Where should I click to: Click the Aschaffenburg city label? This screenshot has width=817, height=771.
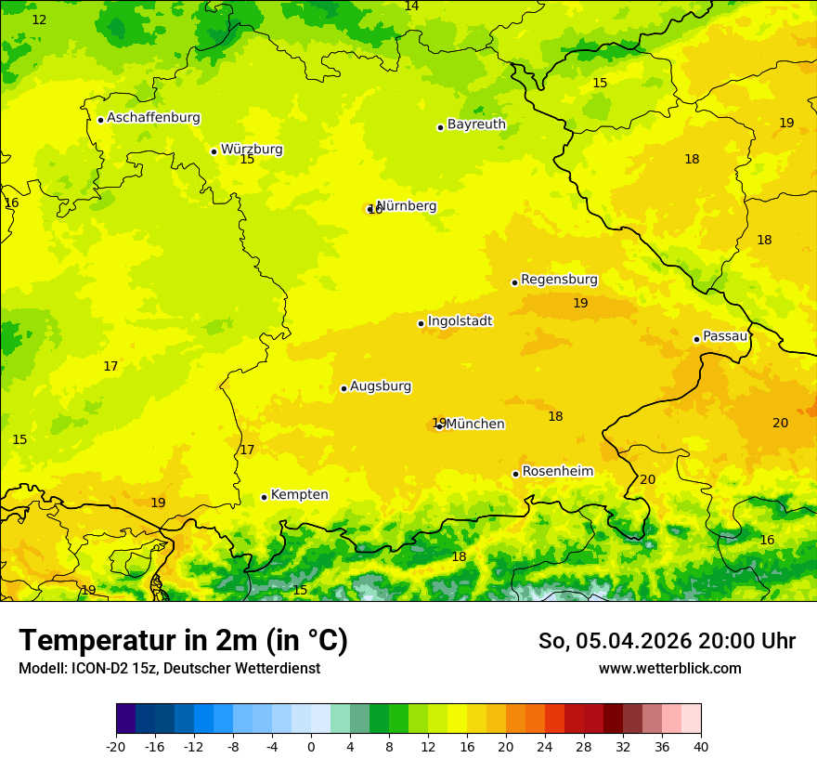(x=153, y=118)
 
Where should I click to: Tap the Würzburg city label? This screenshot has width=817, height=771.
(x=252, y=149)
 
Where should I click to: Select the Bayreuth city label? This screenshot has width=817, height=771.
(x=476, y=124)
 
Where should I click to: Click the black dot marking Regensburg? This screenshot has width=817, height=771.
(x=514, y=282)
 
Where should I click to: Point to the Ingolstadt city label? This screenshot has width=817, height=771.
(x=460, y=320)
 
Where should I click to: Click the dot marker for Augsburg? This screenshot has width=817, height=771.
(x=344, y=388)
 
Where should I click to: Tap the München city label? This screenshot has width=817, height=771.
(x=475, y=424)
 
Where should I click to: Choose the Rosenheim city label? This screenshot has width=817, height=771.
(x=557, y=471)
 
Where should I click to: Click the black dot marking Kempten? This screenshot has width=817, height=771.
(x=264, y=497)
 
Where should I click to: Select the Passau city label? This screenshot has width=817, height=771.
(x=725, y=335)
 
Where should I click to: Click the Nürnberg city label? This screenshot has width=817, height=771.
(x=407, y=205)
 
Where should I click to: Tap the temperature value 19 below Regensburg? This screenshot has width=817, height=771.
(x=580, y=303)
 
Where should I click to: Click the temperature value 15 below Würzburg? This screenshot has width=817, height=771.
(x=247, y=160)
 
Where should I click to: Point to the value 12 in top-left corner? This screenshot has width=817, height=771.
(x=39, y=20)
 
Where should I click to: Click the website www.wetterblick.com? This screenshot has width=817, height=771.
(x=669, y=668)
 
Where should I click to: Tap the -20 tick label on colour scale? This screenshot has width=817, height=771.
(x=115, y=746)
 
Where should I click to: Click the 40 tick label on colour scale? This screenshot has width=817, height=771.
(x=701, y=746)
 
